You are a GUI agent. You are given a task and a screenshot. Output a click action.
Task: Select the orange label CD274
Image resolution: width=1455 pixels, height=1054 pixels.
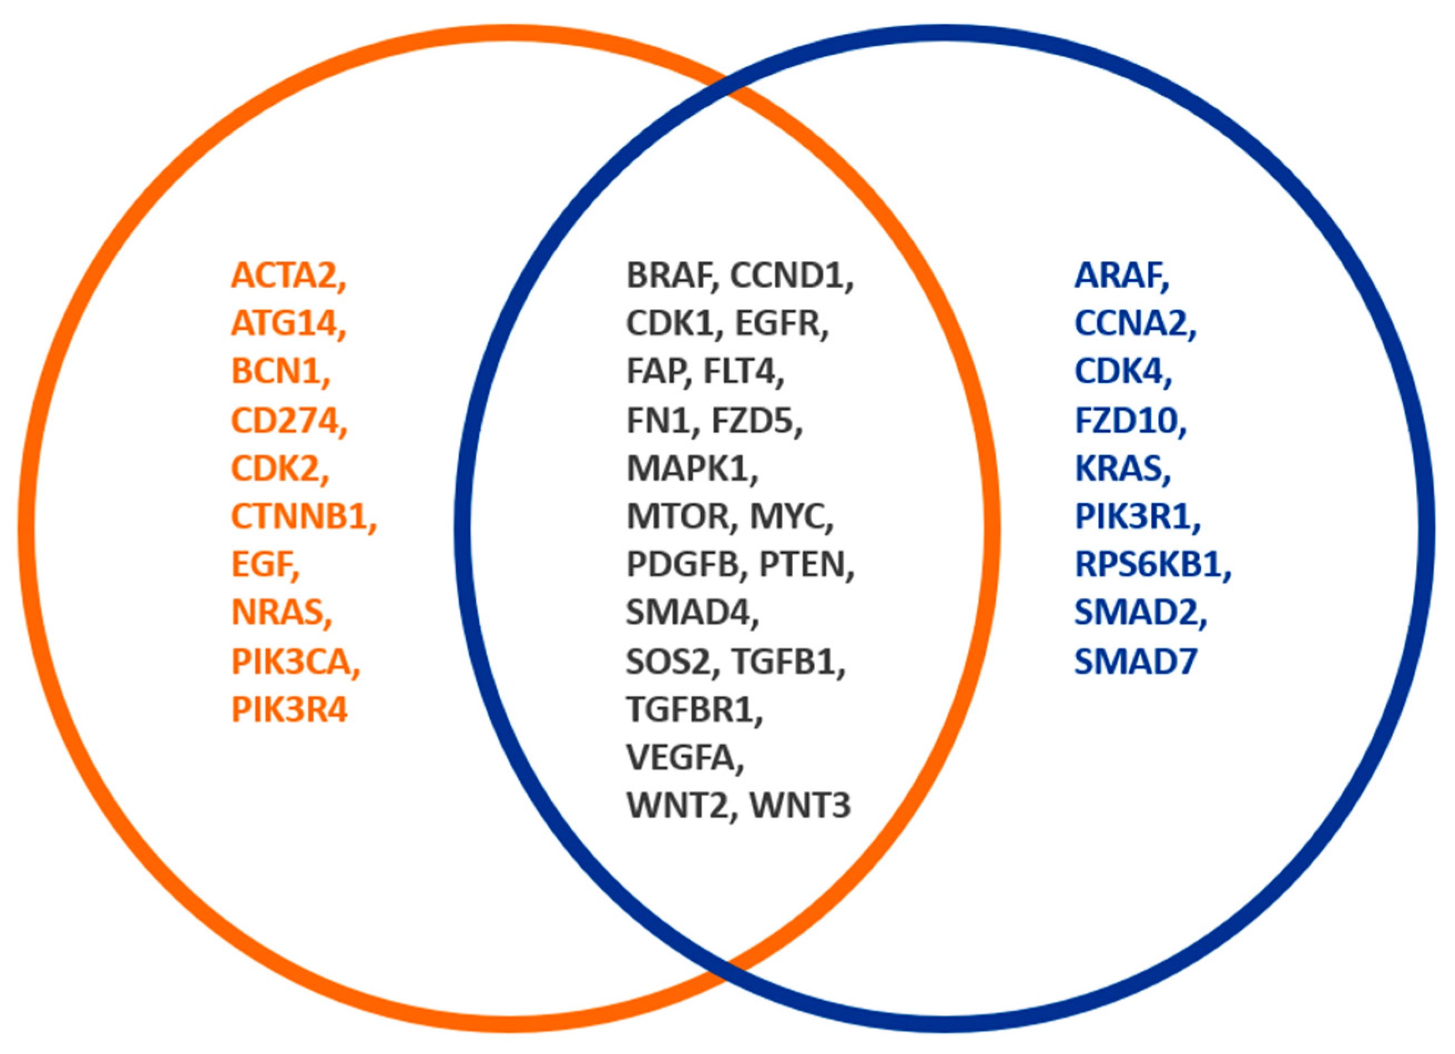pyautogui.click(x=284, y=421)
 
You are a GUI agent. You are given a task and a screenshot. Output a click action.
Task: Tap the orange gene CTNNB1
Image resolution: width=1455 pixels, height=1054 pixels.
pyautogui.click(x=299, y=517)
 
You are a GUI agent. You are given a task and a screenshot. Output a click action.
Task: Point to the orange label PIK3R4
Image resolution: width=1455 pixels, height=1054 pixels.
pyautogui.click(x=289, y=710)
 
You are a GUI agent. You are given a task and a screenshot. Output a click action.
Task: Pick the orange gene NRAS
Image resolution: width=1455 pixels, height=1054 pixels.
pyautogui.click(x=277, y=613)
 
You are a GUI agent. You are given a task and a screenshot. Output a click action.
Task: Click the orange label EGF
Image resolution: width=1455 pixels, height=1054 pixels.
pyautogui.click(x=261, y=565)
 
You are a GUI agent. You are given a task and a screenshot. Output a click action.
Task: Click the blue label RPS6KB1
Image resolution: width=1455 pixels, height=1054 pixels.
pyautogui.click(x=1148, y=565)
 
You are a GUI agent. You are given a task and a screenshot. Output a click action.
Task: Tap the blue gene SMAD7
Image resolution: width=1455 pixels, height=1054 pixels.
pyautogui.click(x=1135, y=661)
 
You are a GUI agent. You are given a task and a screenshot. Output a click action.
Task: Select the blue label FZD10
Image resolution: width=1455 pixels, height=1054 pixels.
pyautogui.click(x=1126, y=421)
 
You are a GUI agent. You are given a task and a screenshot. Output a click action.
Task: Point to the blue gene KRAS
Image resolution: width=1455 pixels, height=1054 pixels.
pyautogui.click(x=1118, y=469)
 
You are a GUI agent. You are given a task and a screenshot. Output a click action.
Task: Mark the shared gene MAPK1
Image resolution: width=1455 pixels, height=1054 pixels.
pyautogui.click(x=688, y=469)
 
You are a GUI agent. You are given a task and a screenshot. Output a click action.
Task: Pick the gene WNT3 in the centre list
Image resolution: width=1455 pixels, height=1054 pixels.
pyautogui.click(x=800, y=806)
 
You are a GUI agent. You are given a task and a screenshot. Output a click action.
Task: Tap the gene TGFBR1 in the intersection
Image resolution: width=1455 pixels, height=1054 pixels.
pyautogui.click(x=690, y=710)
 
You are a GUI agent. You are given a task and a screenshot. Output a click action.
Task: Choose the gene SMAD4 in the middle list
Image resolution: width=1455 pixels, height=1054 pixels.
pyautogui.click(x=688, y=613)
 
